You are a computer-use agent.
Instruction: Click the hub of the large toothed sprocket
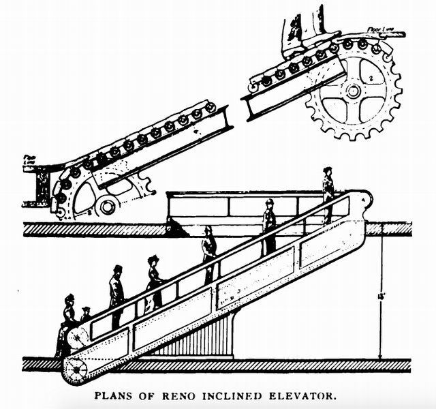(352, 91)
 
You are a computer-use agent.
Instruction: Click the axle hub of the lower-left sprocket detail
(107, 204)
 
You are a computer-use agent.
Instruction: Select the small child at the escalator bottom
(85, 315)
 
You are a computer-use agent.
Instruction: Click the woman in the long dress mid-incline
(154, 281)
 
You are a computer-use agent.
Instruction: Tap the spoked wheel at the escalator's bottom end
(76, 369)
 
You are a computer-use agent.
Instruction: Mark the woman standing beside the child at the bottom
(67, 320)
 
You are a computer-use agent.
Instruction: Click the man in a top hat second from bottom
(116, 293)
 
